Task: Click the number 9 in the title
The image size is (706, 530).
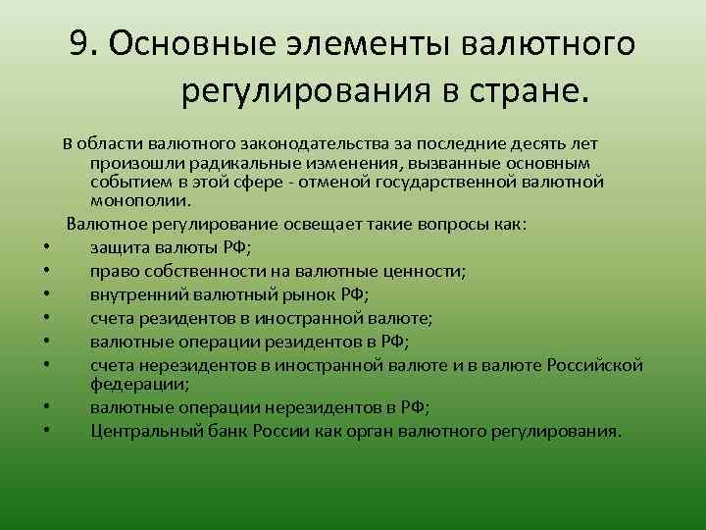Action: [79, 43]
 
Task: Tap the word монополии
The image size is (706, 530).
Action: [133, 199]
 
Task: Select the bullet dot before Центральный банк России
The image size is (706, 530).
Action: [47, 433]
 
